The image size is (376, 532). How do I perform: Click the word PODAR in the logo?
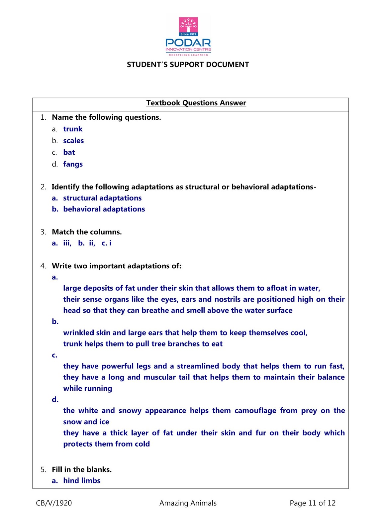point(188,43)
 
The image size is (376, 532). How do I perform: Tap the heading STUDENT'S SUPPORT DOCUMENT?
point(188,65)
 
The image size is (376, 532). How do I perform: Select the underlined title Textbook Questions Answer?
point(196,103)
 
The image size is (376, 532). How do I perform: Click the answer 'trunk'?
point(73,129)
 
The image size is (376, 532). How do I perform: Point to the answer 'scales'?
point(73,141)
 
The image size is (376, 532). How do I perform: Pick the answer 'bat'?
point(69,152)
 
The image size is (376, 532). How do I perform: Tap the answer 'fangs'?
point(73,164)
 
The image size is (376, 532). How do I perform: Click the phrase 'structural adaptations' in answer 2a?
point(102,198)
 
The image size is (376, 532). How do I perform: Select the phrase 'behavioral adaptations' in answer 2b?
point(104,209)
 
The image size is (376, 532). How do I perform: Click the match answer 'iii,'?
point(67,243)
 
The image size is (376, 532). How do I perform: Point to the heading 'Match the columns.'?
point(87,232)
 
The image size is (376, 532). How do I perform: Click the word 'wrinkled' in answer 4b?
point(78,333)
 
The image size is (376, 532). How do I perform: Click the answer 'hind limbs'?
point(82,481)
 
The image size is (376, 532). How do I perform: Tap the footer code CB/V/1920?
point(54,503)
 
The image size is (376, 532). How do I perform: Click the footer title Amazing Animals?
point(188,503)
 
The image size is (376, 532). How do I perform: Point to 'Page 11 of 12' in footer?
point(312,503)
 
